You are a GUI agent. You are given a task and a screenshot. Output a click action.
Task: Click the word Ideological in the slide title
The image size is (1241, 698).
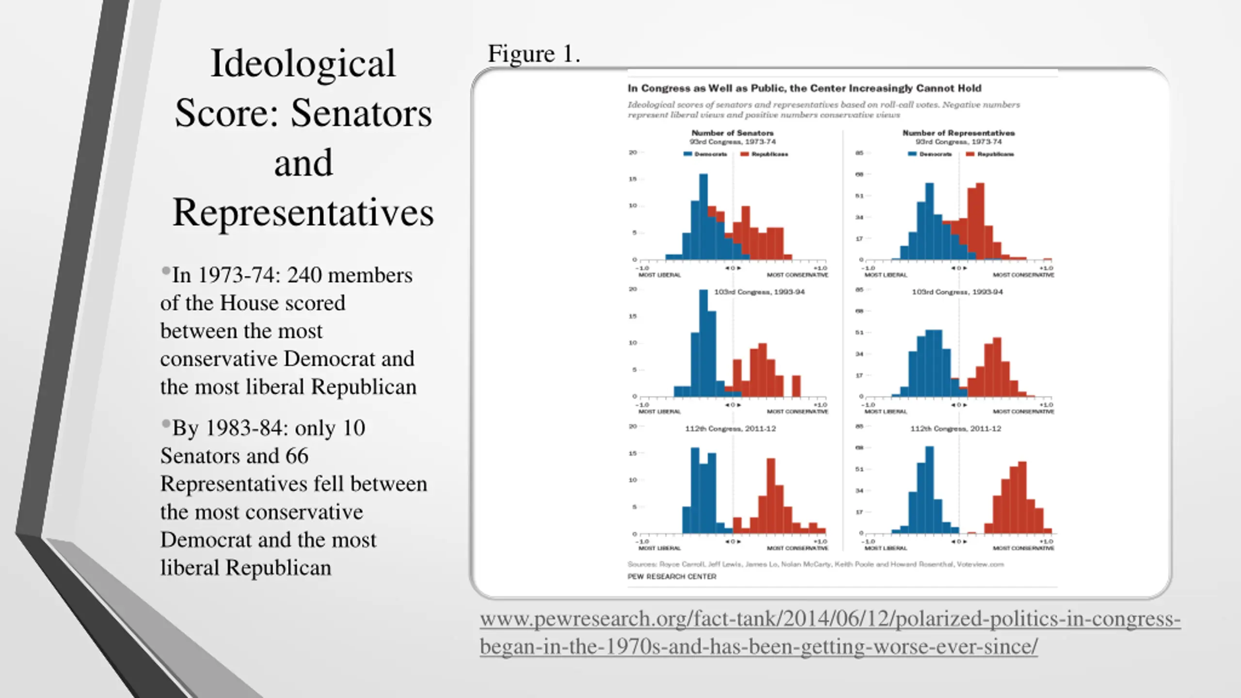coord(303,63)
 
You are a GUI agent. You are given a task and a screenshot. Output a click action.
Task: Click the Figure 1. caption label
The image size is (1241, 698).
coord(533,54)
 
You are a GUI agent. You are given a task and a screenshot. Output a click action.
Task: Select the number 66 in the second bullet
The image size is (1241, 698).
coord(297,456)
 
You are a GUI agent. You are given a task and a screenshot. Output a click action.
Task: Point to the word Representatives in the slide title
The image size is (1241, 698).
coord(303,212)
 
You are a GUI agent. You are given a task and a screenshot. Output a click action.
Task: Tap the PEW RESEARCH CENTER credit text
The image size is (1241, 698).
coord(671,576)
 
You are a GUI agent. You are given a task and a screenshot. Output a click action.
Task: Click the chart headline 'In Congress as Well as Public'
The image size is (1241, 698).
coord(804,88)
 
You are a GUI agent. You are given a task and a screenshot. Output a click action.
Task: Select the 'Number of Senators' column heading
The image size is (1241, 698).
coord(732,133)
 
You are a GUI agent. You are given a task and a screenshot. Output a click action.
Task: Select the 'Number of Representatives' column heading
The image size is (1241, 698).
coord(958,133)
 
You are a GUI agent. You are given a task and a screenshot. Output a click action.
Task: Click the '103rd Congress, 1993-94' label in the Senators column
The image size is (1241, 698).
coord(759,292)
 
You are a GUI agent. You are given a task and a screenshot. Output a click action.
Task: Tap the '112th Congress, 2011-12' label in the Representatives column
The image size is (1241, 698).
coord(955,428)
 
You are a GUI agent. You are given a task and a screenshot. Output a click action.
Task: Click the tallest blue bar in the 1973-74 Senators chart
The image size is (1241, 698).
coord(703,216)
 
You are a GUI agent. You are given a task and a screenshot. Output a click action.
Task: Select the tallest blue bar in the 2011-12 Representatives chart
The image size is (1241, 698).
coord(929,490)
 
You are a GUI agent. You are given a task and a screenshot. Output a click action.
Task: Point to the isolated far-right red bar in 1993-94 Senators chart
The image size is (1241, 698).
coord(796,386)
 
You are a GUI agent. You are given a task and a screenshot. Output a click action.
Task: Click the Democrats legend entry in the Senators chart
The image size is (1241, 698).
coord(705,154)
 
